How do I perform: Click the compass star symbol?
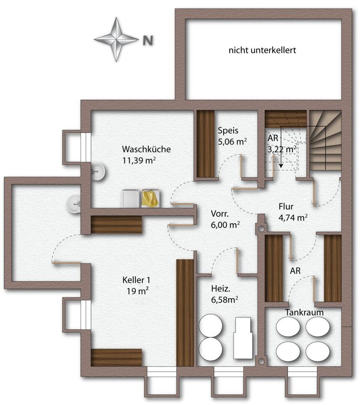(x=116, y=39)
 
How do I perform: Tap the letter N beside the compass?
(x=148, y=40)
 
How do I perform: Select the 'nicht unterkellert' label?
(x=262, y=50)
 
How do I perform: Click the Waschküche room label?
(x=146, y=149)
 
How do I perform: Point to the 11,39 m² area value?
(x=139, y=161)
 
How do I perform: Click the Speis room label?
(x=228, y=131)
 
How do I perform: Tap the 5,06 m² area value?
(x=232, y=142)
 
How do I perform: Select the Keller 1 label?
(x=136, y=280)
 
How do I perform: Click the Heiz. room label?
(x=220, y=288)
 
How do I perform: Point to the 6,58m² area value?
(x=224, y=300)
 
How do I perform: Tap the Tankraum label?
(x=304, y=312)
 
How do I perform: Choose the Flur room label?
(x=286, y=207)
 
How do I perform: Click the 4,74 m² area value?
(x=293, y=218)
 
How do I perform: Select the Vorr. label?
(x=220, y=213)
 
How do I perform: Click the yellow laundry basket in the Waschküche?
(x=150, y=198)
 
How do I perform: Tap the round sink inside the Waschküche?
(x=99, y=172)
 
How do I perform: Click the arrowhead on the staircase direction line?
(x=281, y=165)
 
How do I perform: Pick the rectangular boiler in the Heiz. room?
(x=242, y=338)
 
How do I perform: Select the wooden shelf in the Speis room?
(x=206, y=144)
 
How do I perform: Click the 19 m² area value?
(x=137, y=291)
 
